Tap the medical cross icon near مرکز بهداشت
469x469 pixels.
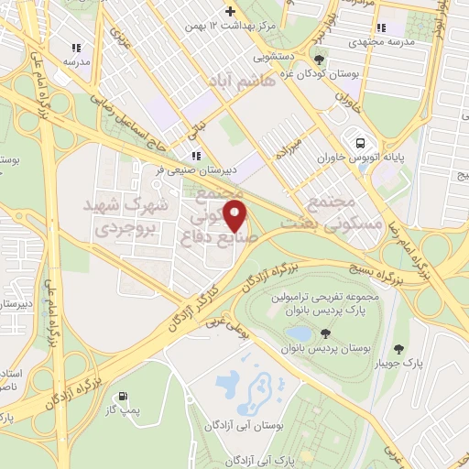(x=228, y=12)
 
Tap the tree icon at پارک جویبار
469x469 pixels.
(x=398, y=348)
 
